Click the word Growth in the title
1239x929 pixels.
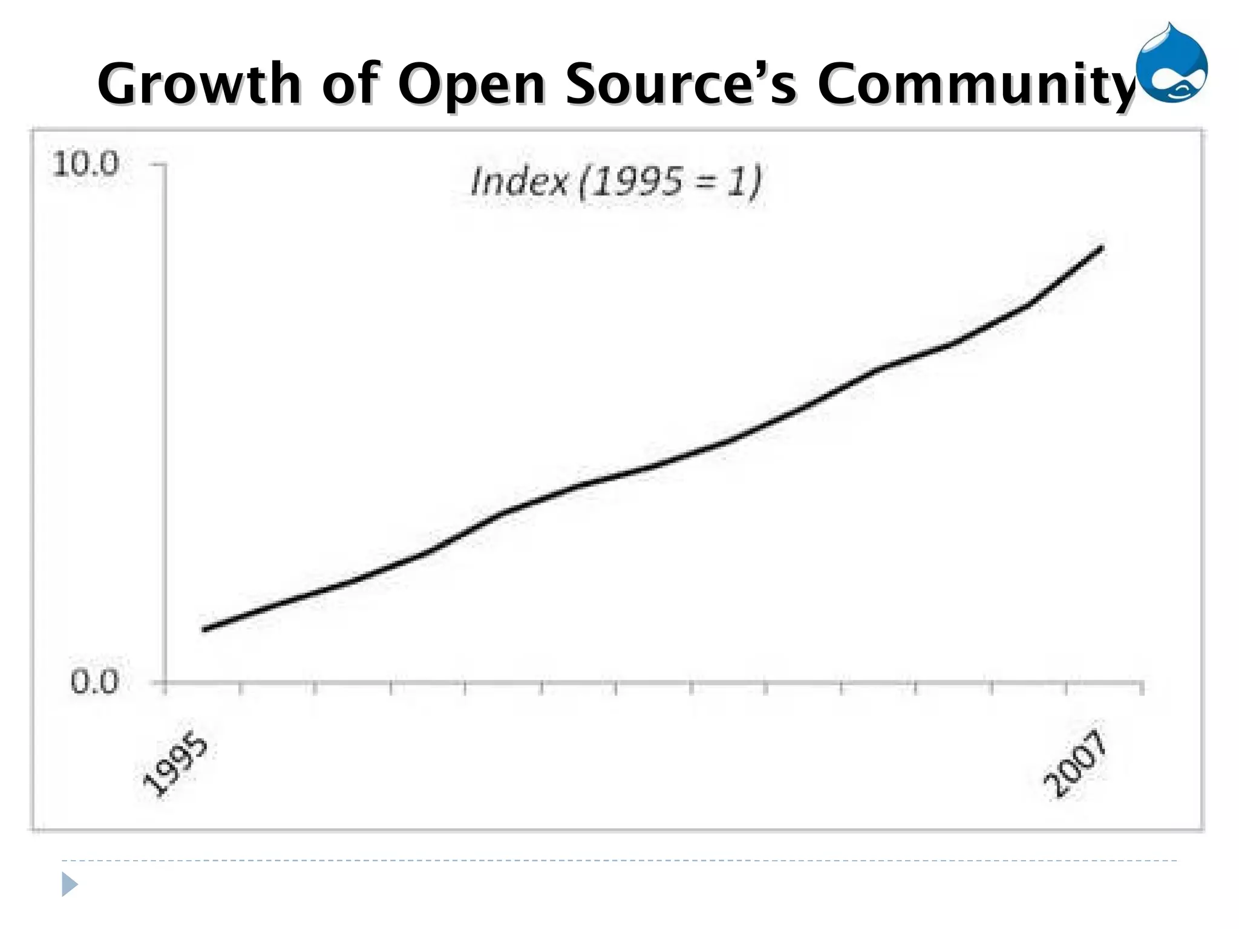point(199,85)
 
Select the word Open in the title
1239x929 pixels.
point(471,85)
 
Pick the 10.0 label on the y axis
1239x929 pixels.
point(86,164)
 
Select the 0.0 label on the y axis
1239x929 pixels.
point(94,682)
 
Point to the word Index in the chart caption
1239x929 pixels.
point(519,181)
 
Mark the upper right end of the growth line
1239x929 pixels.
point(1102,247)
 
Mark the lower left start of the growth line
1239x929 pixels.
point(205,629)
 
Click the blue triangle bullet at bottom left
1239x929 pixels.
point(70,884)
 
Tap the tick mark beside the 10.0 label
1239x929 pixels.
point(157,165)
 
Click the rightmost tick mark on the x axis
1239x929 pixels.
point(1142,688)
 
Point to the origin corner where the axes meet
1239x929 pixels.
point(165,682)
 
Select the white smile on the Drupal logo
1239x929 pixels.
point(1180,91)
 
